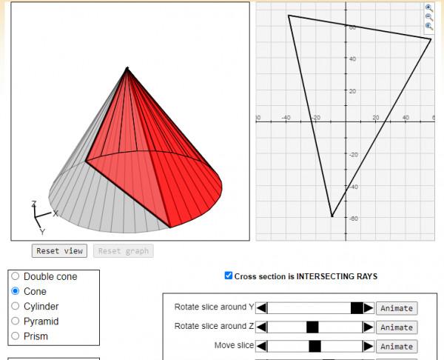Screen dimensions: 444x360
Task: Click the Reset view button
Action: pyautogui.click(x=59, y=251)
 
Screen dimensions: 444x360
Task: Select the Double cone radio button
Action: pyautogui.click(x=16, y=276)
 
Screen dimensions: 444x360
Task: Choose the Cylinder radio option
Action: pyautogui.click(x=16, y=306)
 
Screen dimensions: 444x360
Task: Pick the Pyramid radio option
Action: pyautogui.click(x=16, y=321)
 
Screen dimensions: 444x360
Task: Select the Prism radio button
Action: pyautogui.click(x=16, y=336)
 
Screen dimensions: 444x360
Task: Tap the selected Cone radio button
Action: pyautogui.click(x=16, y=291)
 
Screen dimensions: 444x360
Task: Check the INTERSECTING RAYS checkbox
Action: pyautogui.click(x=228, y=276)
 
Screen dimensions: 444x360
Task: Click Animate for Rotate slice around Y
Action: pyautogui.click(x=397, y=308)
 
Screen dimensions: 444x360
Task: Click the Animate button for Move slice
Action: pyautogui.click(x=397, y=347)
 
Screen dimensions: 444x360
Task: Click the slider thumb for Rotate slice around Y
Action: pyautogui.click(x=357, y=308)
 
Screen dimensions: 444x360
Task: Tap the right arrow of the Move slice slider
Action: pyautogui.click(x=368, y=346)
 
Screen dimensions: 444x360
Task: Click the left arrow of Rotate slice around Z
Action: pyautogui.click(x=261, y=327)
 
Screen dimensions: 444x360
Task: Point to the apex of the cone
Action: pyautogui.click(x=127, y=67)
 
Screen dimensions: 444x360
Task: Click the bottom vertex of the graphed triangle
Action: pyautogui.click(x=332, y=216)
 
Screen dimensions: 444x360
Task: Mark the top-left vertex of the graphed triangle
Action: pyautogui.click(x=289, y=16)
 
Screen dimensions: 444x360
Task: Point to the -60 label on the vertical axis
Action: pyautogui.click(x=354, y=219)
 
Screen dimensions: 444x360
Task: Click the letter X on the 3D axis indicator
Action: pyautogui.click(x=55, y=213)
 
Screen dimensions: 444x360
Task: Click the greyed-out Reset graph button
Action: pyautogui.click(x=124, y=251)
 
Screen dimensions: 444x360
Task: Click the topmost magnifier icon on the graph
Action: pyautogui.click(x=429, y=8)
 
